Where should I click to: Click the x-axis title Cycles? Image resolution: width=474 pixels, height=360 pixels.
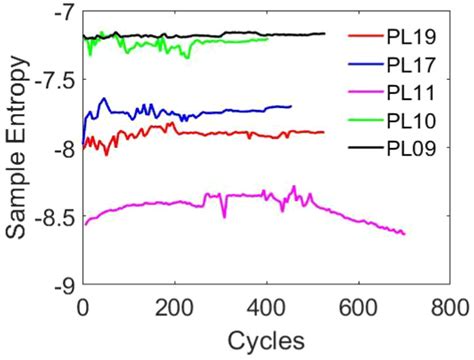[x=266, y=337]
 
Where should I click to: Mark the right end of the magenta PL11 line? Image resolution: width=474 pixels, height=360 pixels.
[x=404, y=233]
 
